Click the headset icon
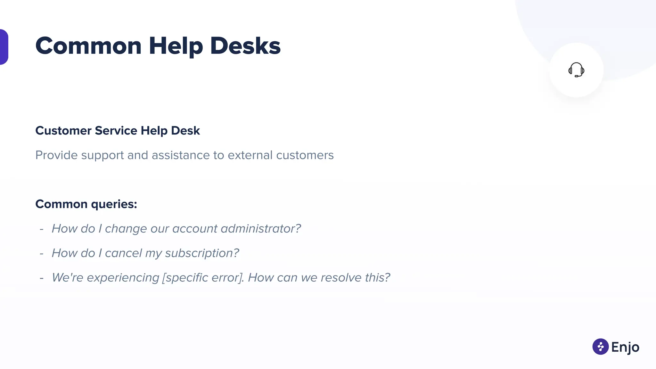[x=576, y=70]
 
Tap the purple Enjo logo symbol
[x=600, y=347]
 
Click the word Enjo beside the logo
[x=625, y=347]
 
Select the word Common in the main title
[x=88, y=46]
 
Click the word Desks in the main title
[x=245, y=46]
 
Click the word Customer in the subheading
[x=63, y=131]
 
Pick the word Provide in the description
[x=56, y=155]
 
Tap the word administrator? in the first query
[x=261, y=229]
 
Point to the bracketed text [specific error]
[x=202, y=278]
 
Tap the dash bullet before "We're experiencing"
[x=42, y=278]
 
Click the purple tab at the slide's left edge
[x=4, y=47]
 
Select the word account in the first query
[x=195, y=229]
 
